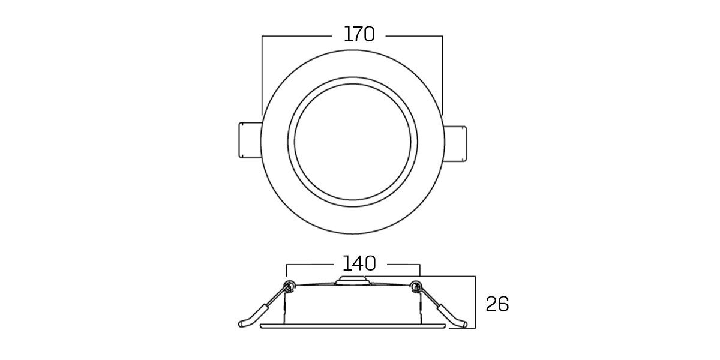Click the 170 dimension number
359,34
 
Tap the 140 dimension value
359,263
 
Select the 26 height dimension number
497,304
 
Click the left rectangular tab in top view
250,140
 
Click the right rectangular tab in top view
455,143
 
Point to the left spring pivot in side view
289,286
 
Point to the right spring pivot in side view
416,286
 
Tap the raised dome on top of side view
353,280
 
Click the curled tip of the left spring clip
242,324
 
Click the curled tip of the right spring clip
463,324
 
